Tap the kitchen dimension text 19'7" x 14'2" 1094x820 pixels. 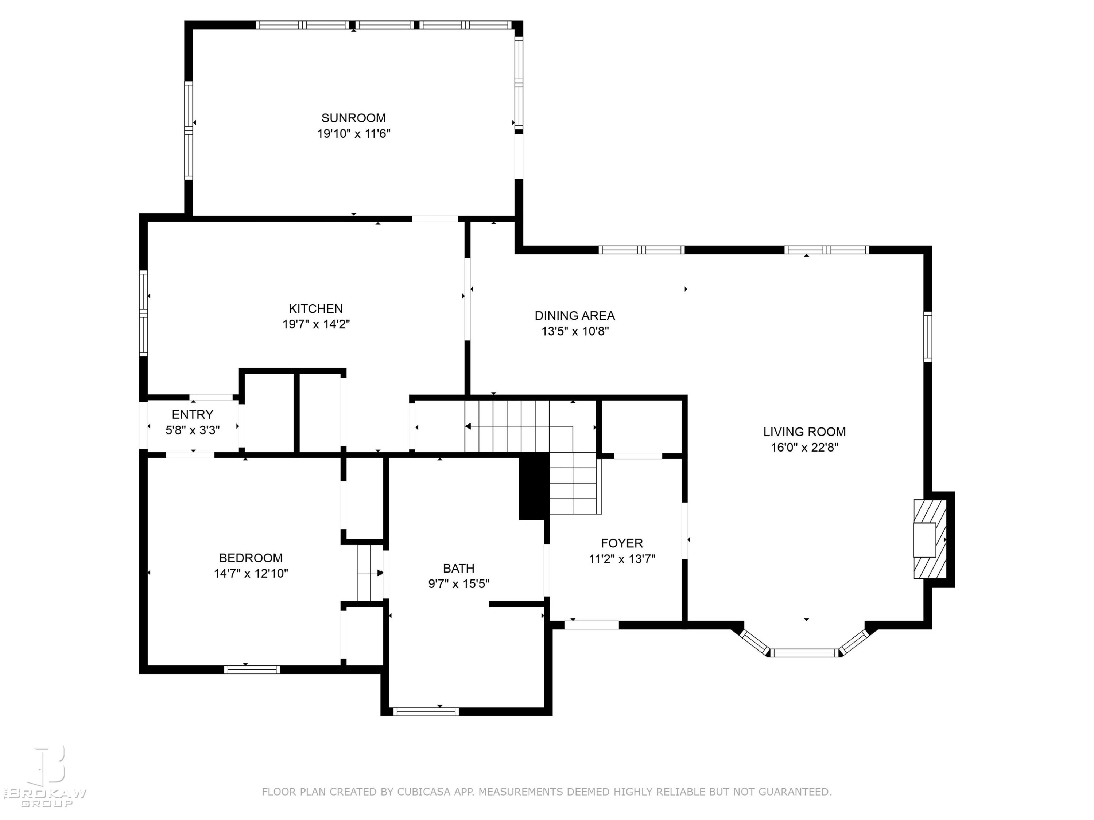coord(316,324)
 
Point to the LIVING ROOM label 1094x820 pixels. coord(804,432)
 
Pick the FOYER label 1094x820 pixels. coord(622,543)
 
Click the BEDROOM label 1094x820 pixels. coord(251,558)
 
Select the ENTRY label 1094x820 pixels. coord(193,414)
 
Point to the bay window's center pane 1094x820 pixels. coord(805,653)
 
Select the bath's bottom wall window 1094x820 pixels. coord(426,712)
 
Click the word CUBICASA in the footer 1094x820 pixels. coord(423,792)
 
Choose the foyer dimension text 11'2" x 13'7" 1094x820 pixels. coord(622,559)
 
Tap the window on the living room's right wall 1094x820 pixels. coord(928,337)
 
